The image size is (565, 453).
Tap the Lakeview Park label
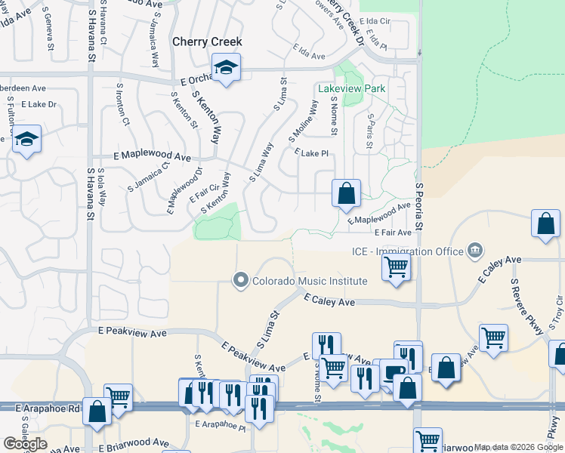point(352,88)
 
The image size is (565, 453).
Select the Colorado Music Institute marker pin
point(241,281)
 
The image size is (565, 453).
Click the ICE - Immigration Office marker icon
point(474,250)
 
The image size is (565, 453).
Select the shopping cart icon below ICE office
point(396,267)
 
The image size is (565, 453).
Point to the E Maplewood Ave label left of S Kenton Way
point(152,156)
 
